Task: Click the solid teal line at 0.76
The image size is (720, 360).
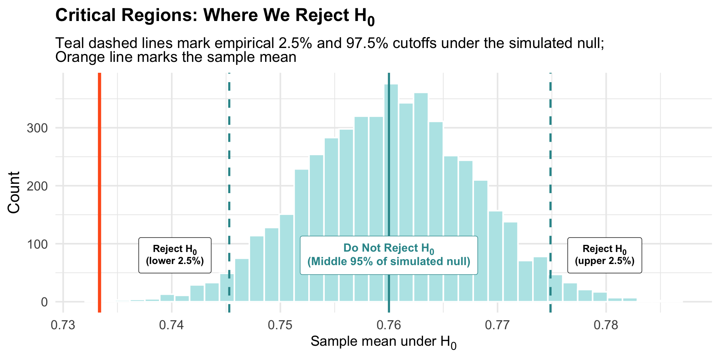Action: (389, 187)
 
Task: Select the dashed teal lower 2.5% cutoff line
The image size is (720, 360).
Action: (229, 169)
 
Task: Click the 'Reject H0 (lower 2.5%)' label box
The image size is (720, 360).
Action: (175, 255)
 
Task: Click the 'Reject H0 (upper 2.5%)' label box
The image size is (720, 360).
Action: (604, 255)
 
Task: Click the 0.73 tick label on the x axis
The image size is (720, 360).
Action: (63, 325)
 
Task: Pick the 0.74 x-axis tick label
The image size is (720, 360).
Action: (171, 325)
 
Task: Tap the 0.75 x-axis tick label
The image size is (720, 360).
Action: (280, 325)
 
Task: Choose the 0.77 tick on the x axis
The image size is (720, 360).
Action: (497, 325)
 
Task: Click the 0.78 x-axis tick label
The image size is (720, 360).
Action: (606, 325)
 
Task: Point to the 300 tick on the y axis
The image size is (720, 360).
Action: (37, 128)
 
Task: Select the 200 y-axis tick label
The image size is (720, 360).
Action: (37, 186)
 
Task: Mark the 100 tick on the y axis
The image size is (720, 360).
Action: (37, 244)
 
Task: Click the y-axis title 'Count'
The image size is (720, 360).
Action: (14, 192)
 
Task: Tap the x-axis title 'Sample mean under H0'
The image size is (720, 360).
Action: (383, 342)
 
